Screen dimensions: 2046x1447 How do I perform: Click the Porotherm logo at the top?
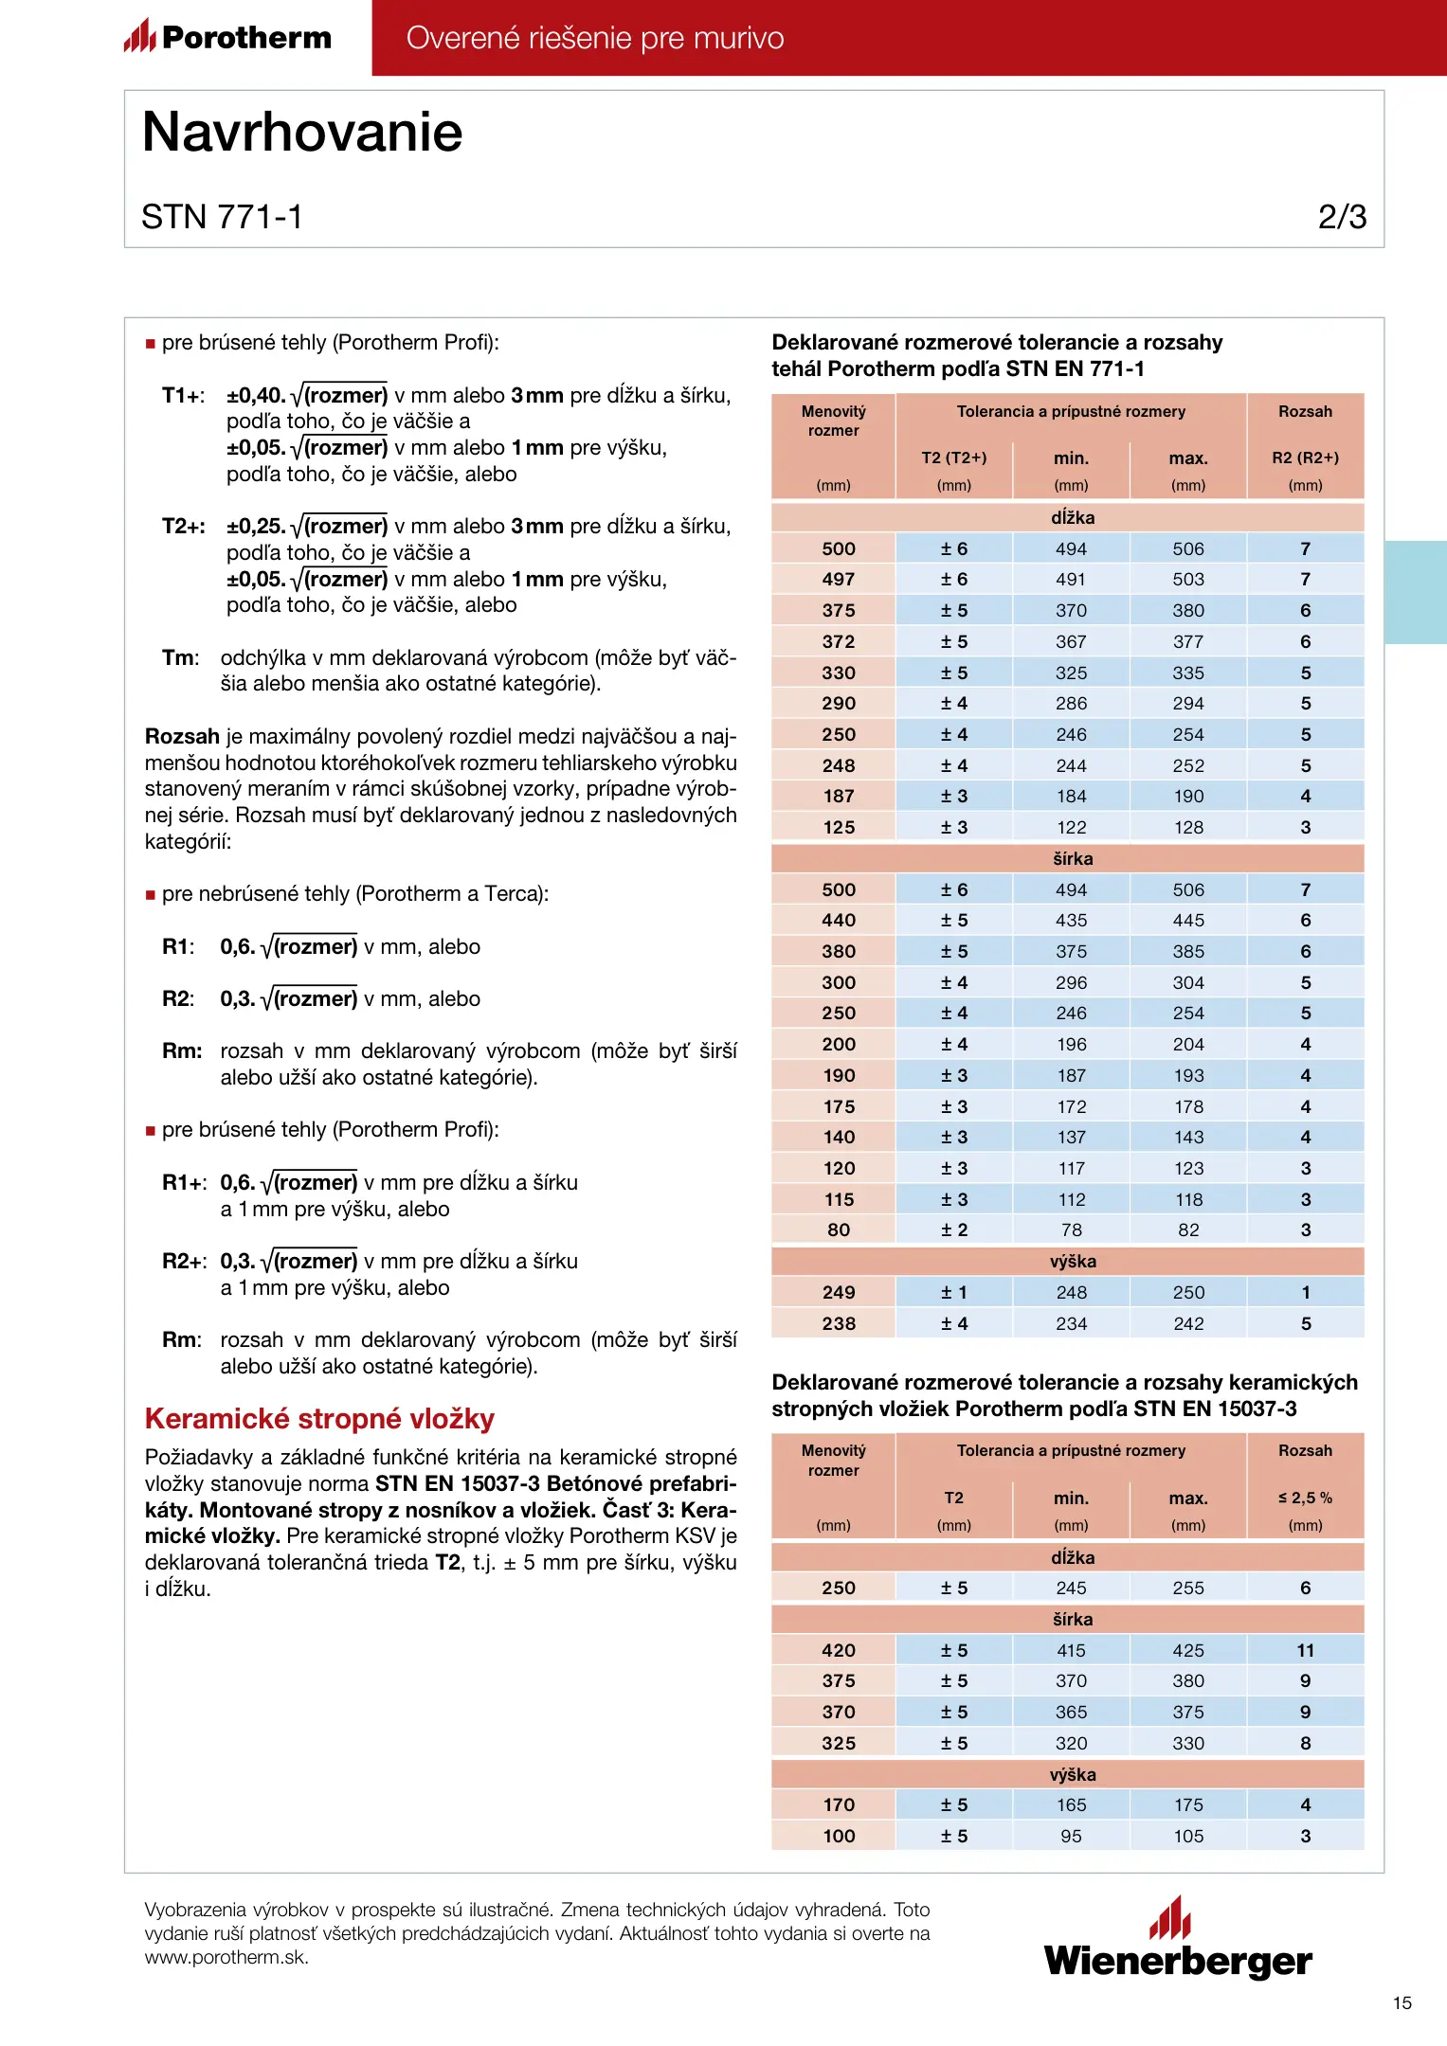[227, 37]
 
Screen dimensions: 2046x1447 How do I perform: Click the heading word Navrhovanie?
[302, 132]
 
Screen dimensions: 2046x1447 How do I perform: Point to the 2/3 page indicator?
[1342, 217]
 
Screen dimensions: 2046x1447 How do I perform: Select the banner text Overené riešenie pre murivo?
[595, 38]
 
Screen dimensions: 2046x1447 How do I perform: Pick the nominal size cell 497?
[839, 580]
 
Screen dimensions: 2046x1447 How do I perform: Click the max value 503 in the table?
[1188, 580]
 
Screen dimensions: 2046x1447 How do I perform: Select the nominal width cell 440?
[839, 921]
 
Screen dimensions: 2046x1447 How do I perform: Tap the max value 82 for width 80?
[1188, 1230]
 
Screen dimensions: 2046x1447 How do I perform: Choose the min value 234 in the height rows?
[1072, 1323]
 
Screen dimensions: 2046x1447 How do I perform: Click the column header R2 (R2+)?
[1305, 458]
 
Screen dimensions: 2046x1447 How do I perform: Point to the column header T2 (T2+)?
[954, 458]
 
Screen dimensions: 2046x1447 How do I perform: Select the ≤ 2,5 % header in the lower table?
[1305, 1498]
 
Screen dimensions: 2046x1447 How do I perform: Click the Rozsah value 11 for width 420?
[1305, 1650]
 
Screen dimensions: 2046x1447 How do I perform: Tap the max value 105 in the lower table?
[1188, 1836]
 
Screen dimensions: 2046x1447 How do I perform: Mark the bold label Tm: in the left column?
[180, 658]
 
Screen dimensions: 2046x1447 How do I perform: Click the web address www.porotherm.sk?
[226, 1958]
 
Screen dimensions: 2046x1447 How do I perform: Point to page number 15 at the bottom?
[1402, 2002]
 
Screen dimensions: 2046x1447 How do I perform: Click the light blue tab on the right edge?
[1416, 592]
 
